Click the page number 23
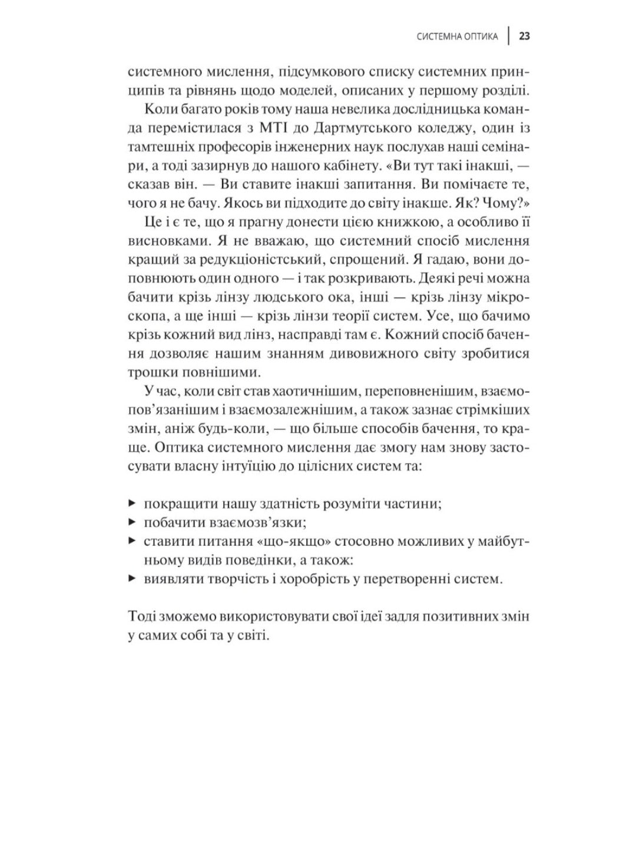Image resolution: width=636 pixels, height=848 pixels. pyautogui.click(x=525, y=37)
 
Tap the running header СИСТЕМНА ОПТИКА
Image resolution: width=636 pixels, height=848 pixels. pyautogui.click(x=457, y=37)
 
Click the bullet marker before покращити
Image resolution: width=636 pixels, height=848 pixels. pyautogui.click(x=131, y=504)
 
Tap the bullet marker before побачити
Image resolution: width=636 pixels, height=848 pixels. pyautogui.click(x=131, y=522)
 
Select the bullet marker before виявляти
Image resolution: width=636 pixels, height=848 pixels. pyautogui.click(x=131, y=578)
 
